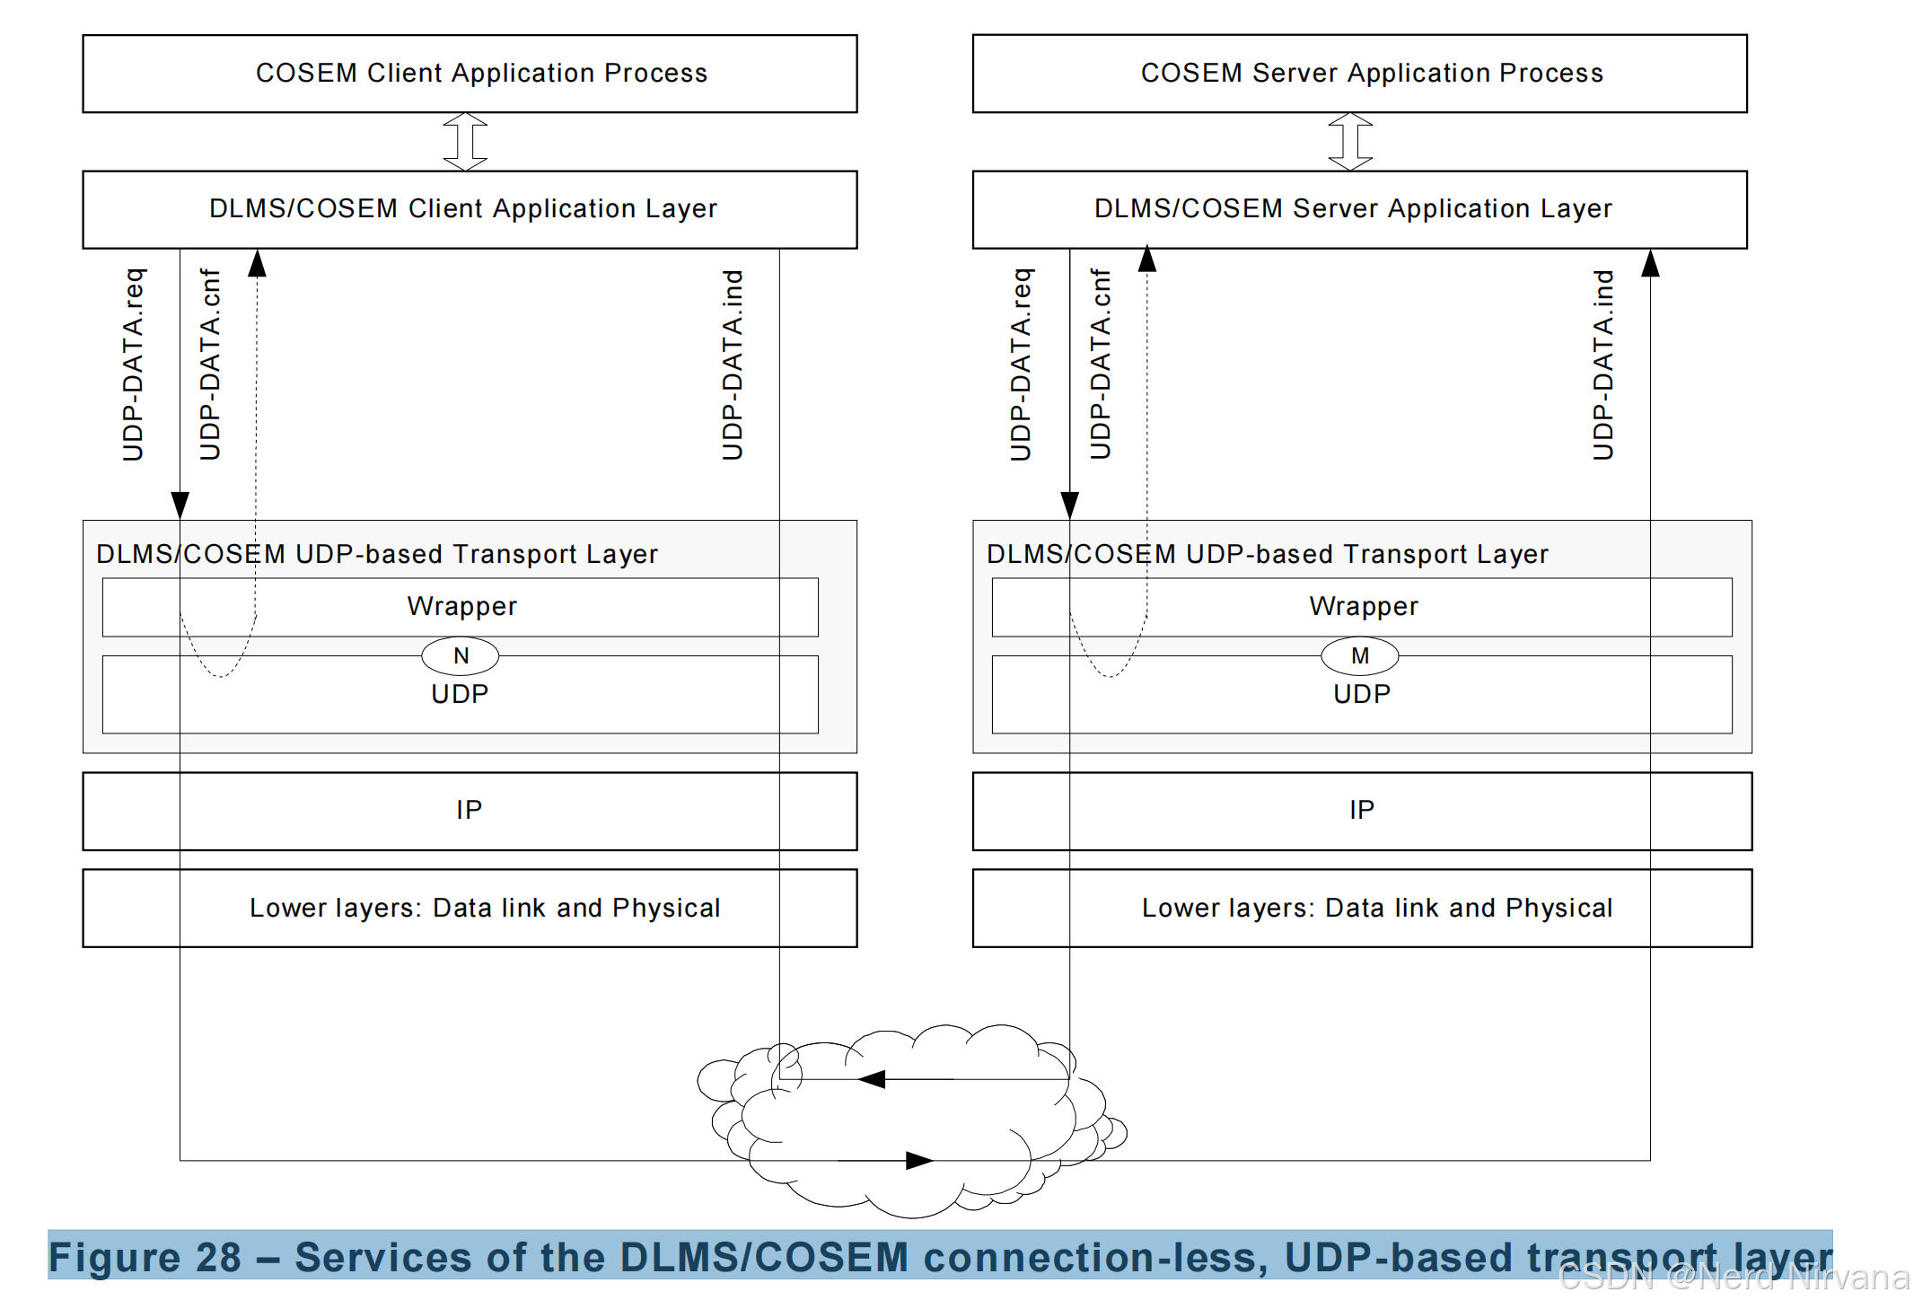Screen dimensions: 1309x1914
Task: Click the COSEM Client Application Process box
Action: tap(470, 74)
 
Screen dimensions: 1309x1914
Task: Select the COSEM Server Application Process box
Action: tap(1359, 74)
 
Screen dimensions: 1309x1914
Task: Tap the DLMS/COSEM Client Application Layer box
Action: tap(470, 209)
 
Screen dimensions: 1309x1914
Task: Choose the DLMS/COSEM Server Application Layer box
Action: tap(1359, 209)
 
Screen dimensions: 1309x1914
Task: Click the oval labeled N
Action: tap(461, 656)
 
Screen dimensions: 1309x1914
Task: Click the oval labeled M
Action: tap(1360, 656)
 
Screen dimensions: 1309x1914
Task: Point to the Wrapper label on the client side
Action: tap(462, 606)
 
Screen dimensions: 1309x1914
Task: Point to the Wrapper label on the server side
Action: tap(1364, 606)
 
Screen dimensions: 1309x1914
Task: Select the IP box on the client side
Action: tap(470, 811)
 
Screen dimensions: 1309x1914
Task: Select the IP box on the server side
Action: tap(1362, 811)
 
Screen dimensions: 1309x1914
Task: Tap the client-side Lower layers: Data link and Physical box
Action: tap(470, 908)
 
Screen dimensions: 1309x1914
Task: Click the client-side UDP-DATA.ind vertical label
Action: tap(733, 365)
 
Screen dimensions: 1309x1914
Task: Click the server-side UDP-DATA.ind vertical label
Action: tap(1603, 365)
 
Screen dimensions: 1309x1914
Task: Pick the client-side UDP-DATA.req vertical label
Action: tap(133, 365)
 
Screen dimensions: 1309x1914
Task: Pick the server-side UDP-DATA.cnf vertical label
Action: tap(1101, 365)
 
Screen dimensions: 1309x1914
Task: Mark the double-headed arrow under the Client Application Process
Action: tap(465, 142)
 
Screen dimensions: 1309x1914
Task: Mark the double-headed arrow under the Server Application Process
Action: tap(1350, 142)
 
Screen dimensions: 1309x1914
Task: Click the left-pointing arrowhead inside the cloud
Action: tap(872, 1079)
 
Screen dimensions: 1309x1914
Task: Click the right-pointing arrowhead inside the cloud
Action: tap(919, 1160)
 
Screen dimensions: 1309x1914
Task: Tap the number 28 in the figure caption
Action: tap(218, 1257)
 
